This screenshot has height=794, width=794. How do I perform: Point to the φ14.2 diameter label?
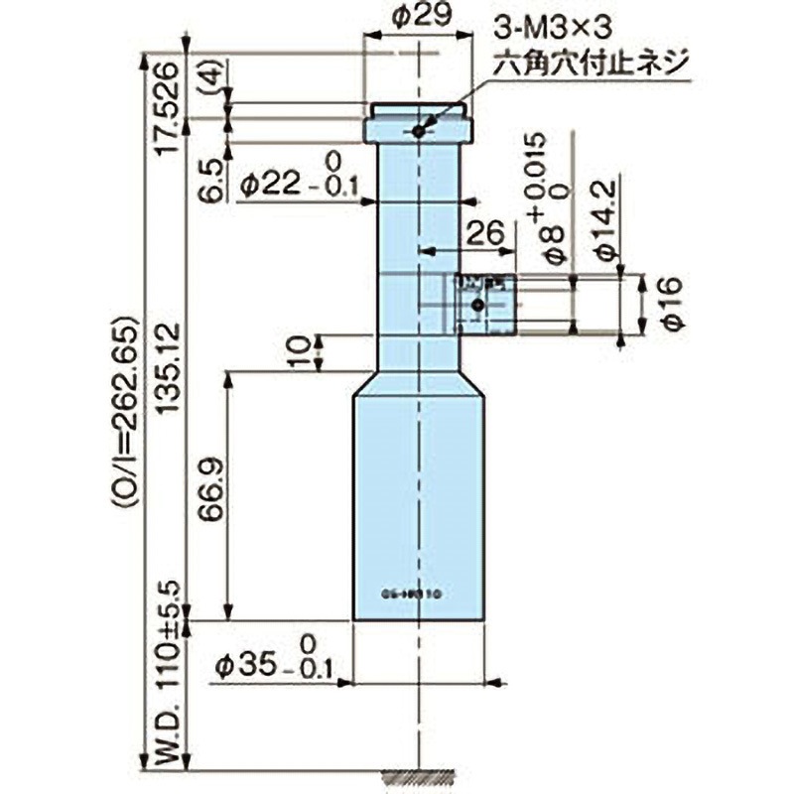point(607,218)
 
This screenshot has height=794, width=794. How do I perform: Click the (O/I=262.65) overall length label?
point(128,411)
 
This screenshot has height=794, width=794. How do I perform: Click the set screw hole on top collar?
point(419,131)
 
